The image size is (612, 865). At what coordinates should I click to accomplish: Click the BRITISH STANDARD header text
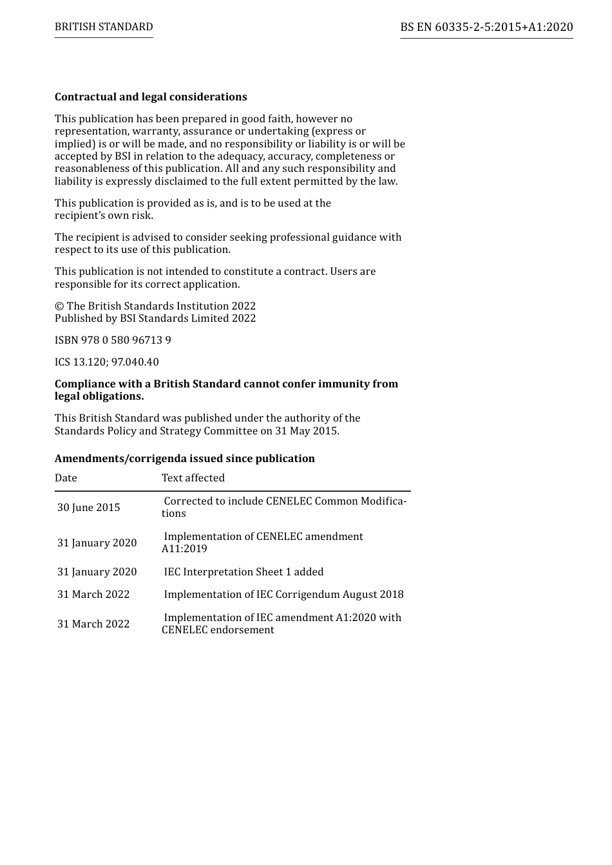pyautogui.click(x=104, y=27)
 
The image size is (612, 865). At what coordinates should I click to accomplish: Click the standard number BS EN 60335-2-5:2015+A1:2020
pyautogui.click(x=486, y=27)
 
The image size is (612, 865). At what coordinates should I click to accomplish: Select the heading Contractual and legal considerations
pyautogui.click(x=151, y=97)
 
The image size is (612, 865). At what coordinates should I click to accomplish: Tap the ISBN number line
pyautogui.click(x=113, y=340)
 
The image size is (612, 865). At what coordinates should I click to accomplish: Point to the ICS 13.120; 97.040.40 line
pyautogui.click(x=106, y=362)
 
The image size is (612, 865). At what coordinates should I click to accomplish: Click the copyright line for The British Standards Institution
pyautogui.click(x=155, y=306)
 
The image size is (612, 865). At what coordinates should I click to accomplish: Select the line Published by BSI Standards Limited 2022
pyautogui.click(x=155, y=319)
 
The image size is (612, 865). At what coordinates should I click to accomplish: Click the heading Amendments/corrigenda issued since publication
pyautogui.click(x=184, y=459)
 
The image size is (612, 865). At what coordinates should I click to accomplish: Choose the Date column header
pyautogui.click(x=66, y=478)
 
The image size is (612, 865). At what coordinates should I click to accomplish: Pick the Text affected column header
pyautogui.click(x=193, y=478)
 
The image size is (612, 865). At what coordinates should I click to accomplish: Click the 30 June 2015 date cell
pyautogui.click(x=89, y=508)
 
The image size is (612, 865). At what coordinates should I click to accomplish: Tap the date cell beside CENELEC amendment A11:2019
pyautogui.click(x=97, y=543)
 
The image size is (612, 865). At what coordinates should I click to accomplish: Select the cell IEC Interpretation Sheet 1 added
pyautogui.click(x=244, y=572)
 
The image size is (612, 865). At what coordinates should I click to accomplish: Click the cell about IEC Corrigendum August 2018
pyautogui.click(x=283, y=595)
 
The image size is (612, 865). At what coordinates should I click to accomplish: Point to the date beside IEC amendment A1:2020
pyautogui.click(x=93, y=624)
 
